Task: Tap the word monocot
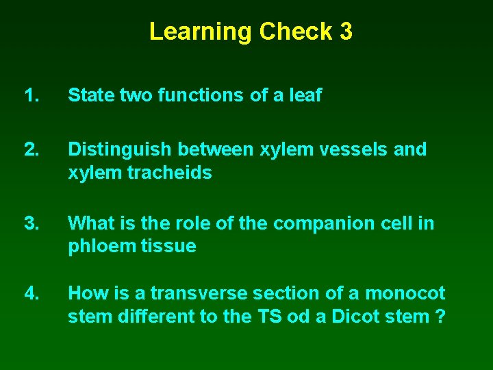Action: [405, 293]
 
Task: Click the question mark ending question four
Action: [440, 317]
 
